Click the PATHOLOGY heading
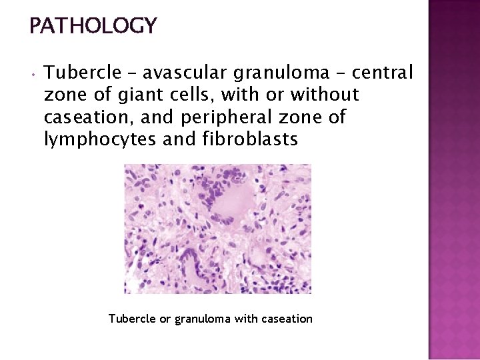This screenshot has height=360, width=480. click(x=93, y=26)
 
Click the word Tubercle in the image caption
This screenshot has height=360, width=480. click(x=132, y=319)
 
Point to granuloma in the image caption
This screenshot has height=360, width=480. click(x=203, y=319)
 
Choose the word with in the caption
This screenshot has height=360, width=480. click(x=248, y=319)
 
